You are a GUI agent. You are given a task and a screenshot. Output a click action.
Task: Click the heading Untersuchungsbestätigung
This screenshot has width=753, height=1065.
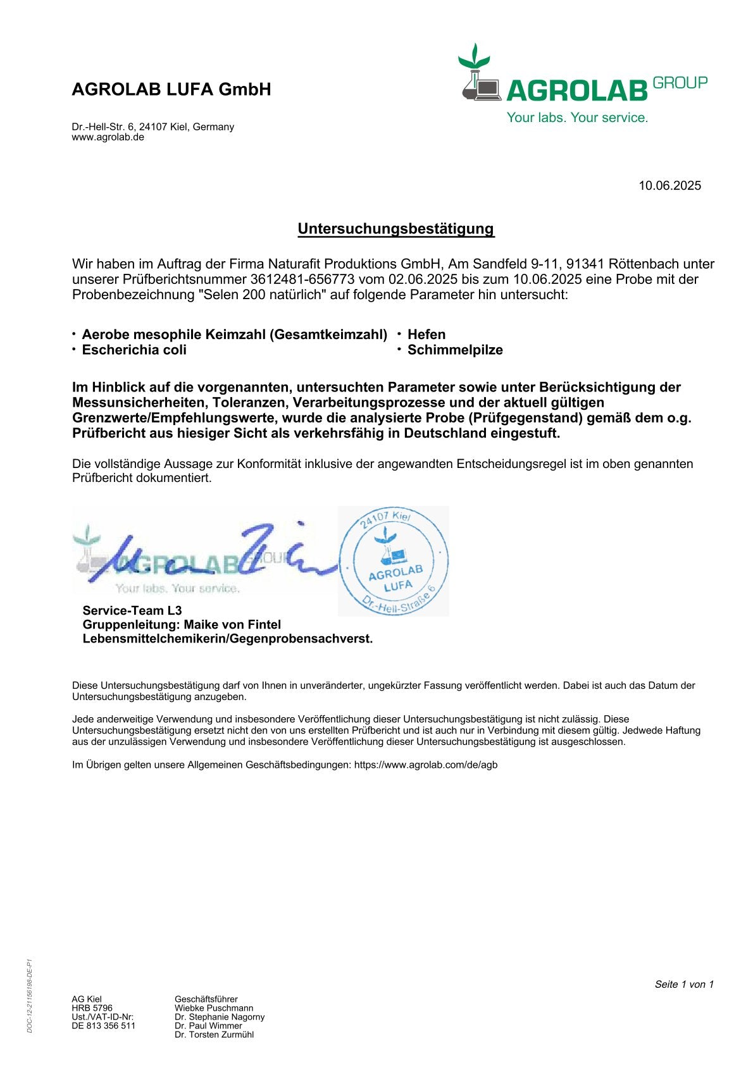click(395, 228)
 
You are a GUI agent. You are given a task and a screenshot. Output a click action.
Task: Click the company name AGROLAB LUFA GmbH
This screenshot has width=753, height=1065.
click(171, 89)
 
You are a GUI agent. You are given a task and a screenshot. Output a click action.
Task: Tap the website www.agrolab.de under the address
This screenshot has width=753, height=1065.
click(108, 137)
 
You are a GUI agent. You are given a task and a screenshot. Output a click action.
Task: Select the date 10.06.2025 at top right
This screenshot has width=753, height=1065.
click(669, 185)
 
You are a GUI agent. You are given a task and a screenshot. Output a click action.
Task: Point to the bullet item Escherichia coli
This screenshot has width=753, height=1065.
click(134, 350)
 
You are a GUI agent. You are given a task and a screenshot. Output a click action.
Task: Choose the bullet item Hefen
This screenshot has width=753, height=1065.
click(426, 335)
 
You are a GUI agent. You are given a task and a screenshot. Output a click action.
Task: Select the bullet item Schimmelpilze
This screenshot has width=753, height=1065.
click(454, 350)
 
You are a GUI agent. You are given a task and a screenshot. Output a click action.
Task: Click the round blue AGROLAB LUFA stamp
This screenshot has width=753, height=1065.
click(394, 562)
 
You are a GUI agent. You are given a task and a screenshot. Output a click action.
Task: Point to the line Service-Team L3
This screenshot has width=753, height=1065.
click(132, 610)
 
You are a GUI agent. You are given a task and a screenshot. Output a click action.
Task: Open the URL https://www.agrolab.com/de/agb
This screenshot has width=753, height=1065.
click(425, 765)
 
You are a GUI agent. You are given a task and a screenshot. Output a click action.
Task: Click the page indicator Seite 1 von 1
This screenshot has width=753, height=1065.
click(683, 984)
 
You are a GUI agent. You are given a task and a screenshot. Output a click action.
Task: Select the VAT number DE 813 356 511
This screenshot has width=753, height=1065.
click(103, 1026)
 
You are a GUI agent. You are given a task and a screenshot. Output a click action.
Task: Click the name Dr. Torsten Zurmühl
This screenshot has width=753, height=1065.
click(214, 1035)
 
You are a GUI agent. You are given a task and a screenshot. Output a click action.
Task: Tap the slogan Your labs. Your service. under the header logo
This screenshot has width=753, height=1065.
click(576, 118)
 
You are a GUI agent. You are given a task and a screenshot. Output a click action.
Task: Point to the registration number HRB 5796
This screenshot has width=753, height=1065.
click(92, 1008)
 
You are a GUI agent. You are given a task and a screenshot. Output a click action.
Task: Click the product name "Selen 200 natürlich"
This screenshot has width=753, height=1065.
click(267, 295)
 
